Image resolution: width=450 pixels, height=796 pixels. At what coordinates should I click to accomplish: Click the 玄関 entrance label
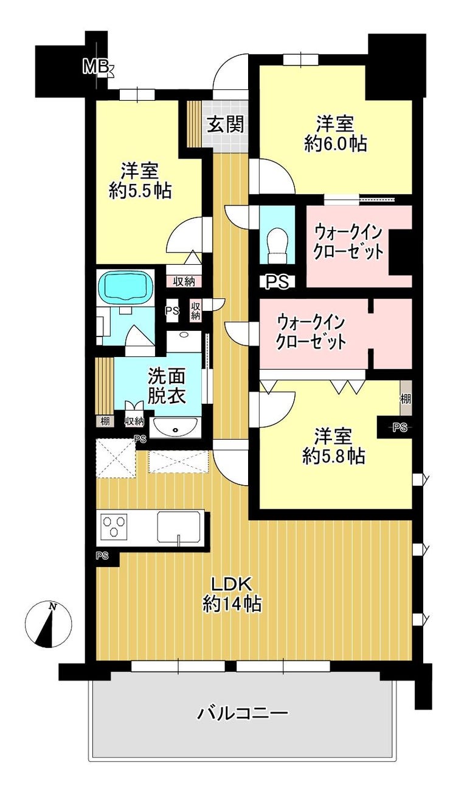coord(226,124)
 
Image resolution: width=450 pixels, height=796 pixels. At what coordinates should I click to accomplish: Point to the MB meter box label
coord(96,67)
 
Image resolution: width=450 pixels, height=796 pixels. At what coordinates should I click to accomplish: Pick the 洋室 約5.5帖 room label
coord(140,181)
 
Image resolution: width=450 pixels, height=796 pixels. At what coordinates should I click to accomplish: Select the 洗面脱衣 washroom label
coord(167,387)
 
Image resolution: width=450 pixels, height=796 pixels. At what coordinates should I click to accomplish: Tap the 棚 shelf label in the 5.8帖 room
coord(406,399)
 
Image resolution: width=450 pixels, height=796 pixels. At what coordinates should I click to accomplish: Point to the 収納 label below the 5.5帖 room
coord(184,282)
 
